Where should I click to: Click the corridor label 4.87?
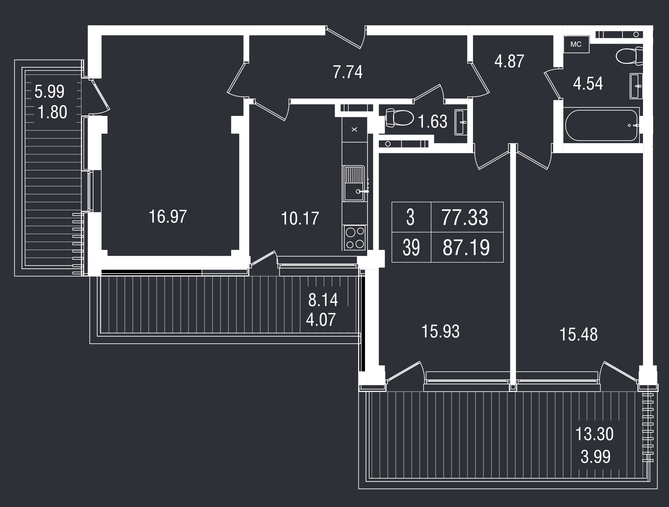point(509,61)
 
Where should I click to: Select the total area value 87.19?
point(466,247)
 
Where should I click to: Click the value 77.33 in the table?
point(465,218)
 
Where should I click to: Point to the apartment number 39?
point(411,247)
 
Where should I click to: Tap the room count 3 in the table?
point(410,218)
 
